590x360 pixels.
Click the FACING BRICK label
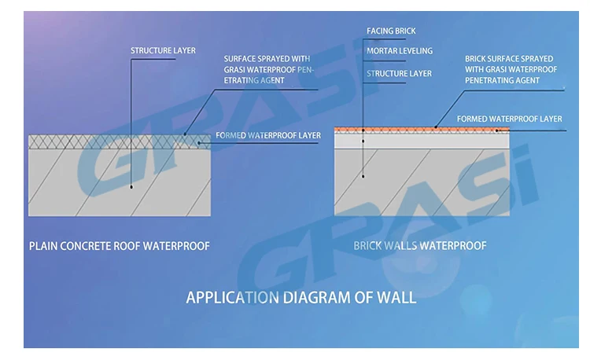pyautogui.click(x=391, y=31)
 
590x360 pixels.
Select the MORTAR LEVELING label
pyautogui.click(x=400, y=51)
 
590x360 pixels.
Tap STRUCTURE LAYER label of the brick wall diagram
pyautogui.click(x=399, y=73)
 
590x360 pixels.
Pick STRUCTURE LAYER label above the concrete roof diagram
pyautogui.click(x=163, y=51)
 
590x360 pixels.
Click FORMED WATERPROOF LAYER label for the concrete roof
pyautogui.click(x=268, y=135)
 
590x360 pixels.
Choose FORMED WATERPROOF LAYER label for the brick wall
pyautogui.click(x=510, y=119)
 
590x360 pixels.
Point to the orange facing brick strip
pyautogui.click(x=422, y=128)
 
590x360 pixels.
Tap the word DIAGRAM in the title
pyautogui.click(x=313, y=298)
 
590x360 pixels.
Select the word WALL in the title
pyautogui.click(x=397, y=298)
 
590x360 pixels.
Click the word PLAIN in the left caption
pyautogui.click(x=44, y=246)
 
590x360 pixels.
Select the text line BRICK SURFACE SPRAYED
pyautogui.click(x=509, y=58)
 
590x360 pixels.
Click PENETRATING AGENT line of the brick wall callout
pyautogui.click(x=502, y=80)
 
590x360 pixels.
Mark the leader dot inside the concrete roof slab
pyautogui.click(x=131, y=187)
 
